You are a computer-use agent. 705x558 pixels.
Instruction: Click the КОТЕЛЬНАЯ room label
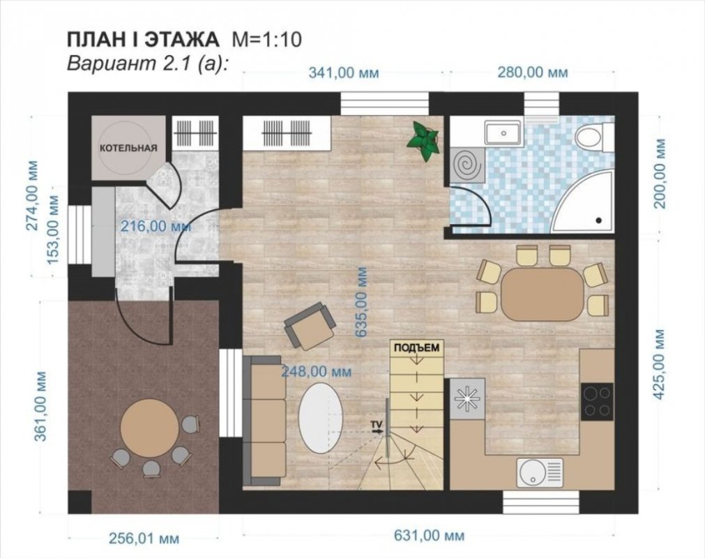(x=128, y=148)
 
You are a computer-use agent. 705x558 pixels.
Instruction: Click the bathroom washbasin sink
(x=503, y=133)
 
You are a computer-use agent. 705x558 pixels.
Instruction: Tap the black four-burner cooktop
(x=597, y=402)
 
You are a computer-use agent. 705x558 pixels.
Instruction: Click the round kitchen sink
(x=539, y=472)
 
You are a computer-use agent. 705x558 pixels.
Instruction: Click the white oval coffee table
(x=321, y=418)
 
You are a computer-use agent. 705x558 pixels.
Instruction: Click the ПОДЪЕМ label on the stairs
(x=417, y=347)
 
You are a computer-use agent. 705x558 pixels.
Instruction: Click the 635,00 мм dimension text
(x=361, y=302)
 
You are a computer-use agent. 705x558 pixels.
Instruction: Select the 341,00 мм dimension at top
(x=344, y=73)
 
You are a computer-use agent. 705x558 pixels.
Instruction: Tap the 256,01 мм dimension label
(x=144, y=538)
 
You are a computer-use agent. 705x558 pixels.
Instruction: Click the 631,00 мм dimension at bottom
(x=429, y=535)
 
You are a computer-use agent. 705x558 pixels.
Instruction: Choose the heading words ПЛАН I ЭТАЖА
(x=143, y=40)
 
